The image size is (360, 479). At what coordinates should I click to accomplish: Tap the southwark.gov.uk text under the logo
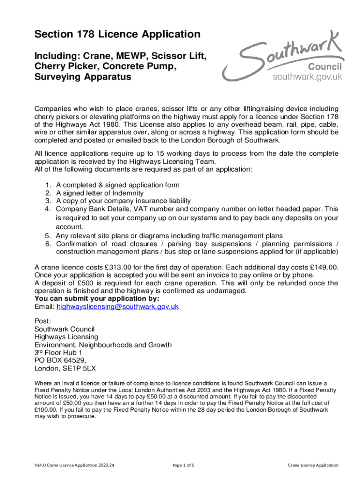308,77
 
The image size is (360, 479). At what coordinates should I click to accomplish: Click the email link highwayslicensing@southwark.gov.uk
117,307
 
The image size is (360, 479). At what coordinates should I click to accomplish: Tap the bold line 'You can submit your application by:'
97,299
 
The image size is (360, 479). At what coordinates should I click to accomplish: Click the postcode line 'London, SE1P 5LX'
65,368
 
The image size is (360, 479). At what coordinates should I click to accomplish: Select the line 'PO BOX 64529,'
60,360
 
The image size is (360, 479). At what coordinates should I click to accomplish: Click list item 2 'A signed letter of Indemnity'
100,193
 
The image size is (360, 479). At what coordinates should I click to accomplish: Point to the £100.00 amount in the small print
46,409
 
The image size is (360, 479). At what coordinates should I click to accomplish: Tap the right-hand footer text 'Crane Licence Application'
313,465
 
